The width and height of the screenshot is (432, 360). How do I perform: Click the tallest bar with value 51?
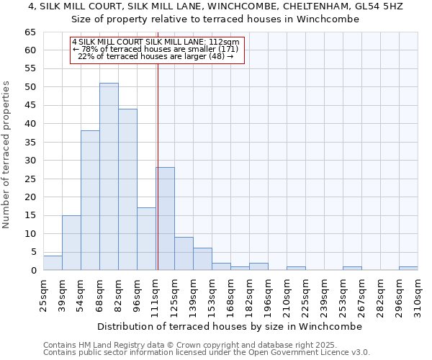[109, 176]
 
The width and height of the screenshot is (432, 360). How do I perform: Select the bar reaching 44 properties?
[127, 189]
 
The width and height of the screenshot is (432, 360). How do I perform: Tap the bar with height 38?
[90, 200]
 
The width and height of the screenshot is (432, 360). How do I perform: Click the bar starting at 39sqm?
[71, 243]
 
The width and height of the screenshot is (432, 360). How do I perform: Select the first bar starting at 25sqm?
[53, 263]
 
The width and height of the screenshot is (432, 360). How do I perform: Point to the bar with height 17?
[146, 239]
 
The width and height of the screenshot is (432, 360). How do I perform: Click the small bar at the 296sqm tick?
[408, 269]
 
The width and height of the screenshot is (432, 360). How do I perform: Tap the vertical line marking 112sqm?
[157, 158]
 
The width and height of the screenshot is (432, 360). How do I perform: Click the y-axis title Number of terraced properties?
[7, 154]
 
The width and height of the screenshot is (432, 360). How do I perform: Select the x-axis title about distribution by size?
[229, 326]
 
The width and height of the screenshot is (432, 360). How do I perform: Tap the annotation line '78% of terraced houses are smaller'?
[157, 49]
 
